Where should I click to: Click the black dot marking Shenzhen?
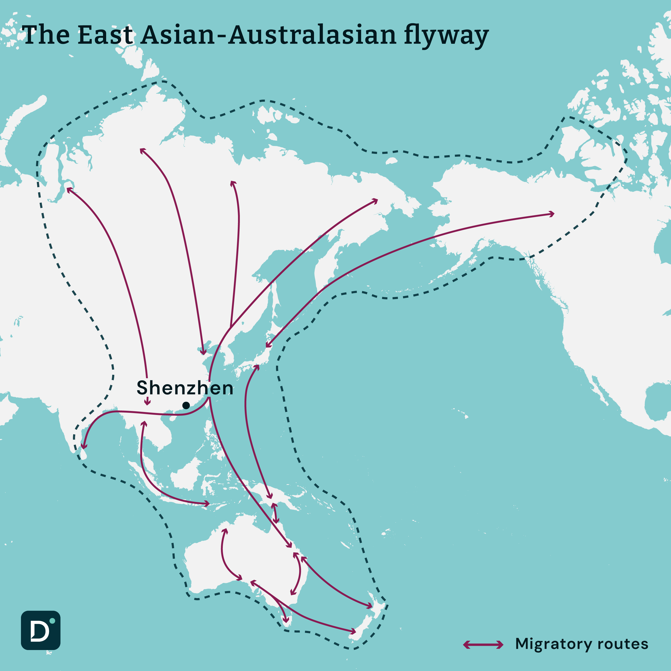186,405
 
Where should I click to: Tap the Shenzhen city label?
185,388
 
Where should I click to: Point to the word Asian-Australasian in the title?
268,35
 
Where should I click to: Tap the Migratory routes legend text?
581,644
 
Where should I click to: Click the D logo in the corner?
41,630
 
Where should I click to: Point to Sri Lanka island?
83,453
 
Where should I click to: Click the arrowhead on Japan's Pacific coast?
267,345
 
